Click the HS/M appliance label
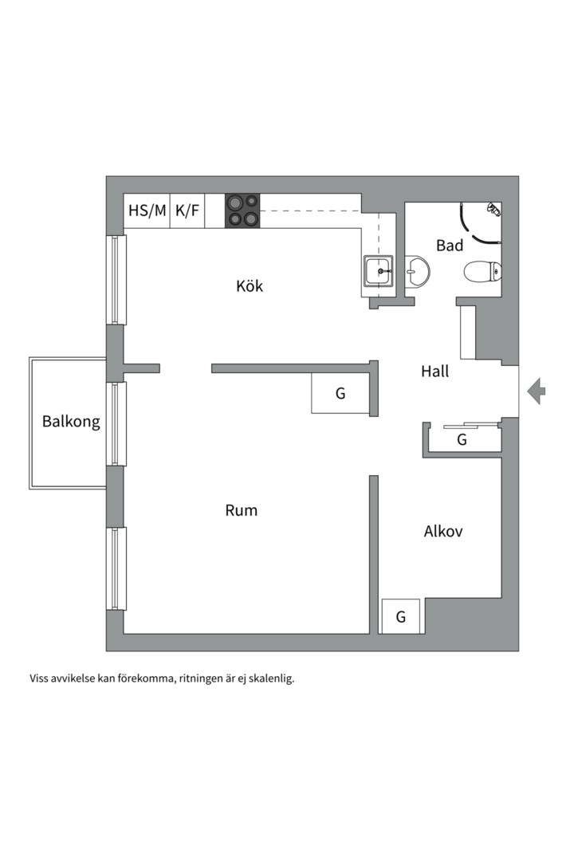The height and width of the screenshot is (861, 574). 147,210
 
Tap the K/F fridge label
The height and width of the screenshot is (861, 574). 187,210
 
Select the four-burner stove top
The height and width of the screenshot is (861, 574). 243,210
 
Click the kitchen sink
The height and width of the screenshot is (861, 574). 379,271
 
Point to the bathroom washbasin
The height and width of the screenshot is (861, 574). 417,271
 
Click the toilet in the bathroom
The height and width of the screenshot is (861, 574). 483,271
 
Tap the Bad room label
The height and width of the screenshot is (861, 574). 450,246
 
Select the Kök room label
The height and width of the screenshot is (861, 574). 250,285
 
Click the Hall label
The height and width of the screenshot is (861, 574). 435,372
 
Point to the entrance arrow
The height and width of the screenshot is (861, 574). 536,391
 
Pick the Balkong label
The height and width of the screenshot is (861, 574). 72,422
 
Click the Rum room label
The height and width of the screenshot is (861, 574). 241,510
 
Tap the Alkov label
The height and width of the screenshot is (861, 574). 443,531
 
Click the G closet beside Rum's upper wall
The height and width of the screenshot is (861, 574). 340,393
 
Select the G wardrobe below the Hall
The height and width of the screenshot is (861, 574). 462,439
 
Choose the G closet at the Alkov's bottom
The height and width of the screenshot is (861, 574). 401,616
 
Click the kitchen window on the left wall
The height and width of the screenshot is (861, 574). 116,280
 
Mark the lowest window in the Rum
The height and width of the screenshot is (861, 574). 116,568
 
